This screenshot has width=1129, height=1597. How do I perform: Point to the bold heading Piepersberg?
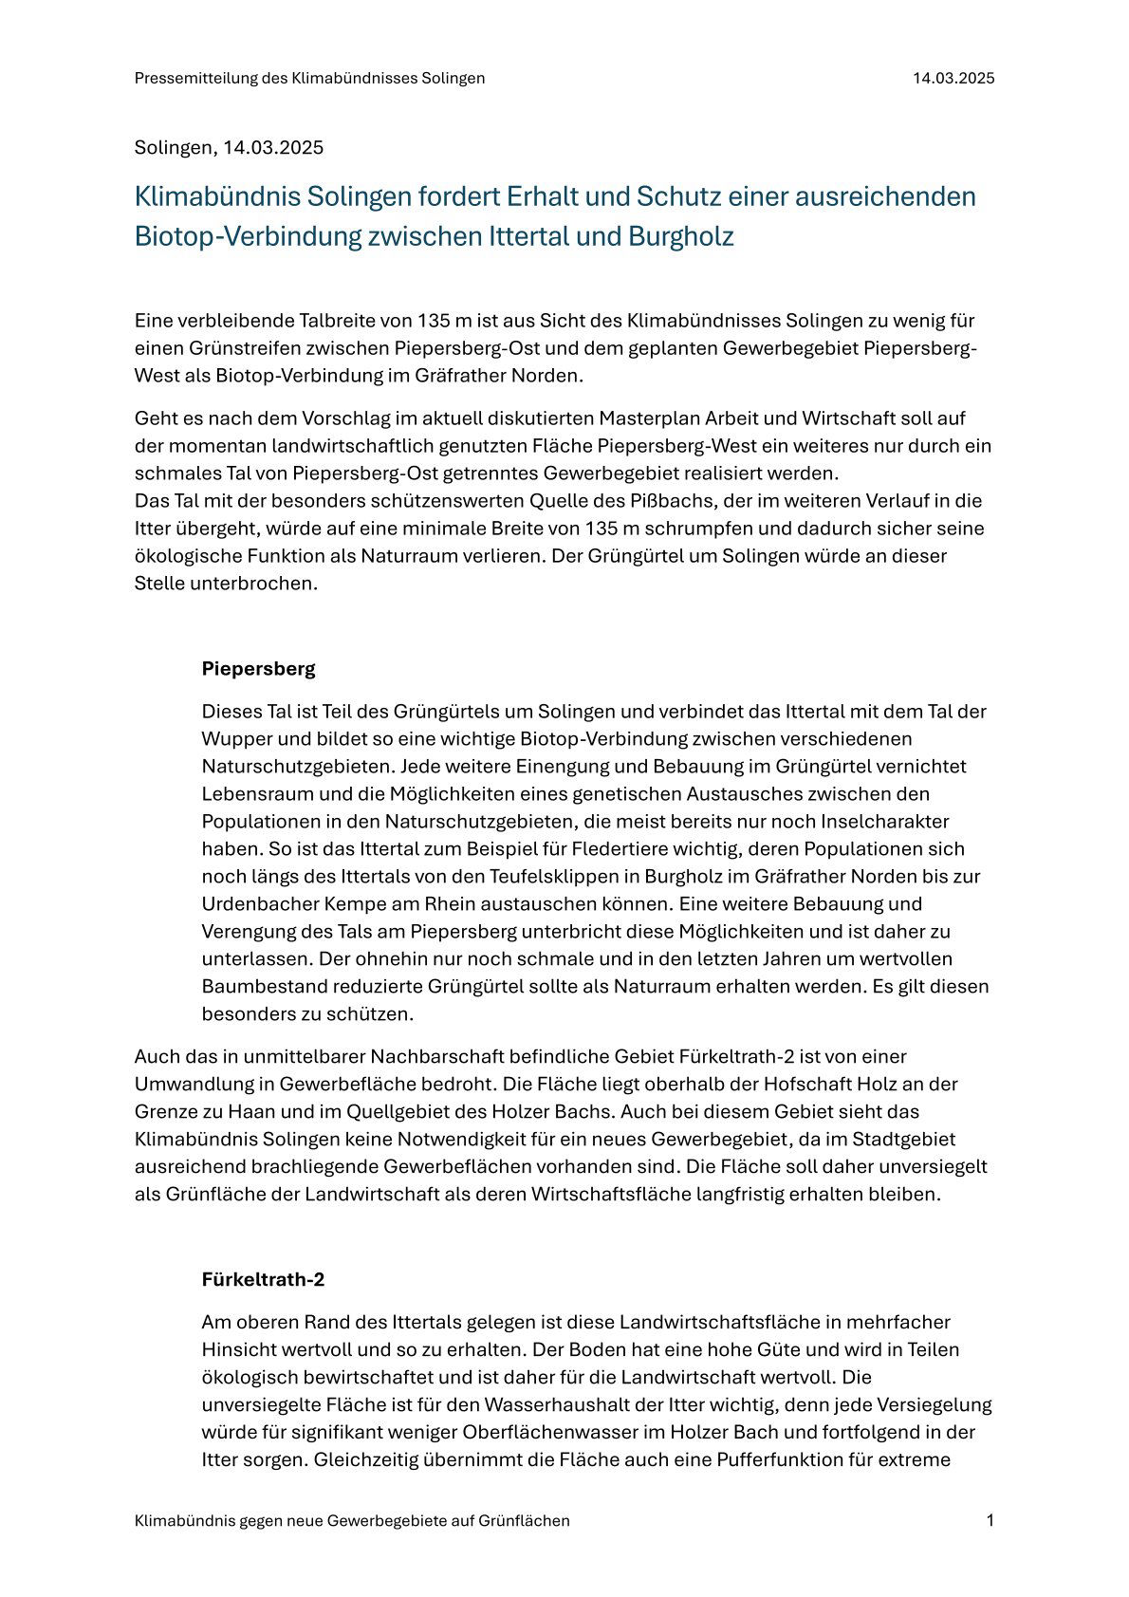[258, 668]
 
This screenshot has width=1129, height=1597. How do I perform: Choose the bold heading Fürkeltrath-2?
[263, 1279]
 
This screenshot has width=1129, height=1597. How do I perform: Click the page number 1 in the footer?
[990, 1520]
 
